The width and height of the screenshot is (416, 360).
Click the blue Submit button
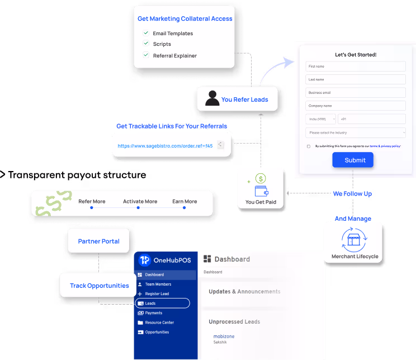pos(352,160)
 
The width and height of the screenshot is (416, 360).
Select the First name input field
pos(355,67)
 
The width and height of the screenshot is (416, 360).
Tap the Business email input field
pos(355,92)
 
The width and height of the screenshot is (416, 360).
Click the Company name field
pos(355,105)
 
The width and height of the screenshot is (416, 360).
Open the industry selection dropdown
pos(355,132)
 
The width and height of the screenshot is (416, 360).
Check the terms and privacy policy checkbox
pos(309,146)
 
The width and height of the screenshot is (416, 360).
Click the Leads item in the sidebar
pos(163,303)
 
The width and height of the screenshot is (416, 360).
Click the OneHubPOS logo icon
pos(144,260)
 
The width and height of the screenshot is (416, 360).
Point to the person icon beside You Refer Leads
pos(212,98)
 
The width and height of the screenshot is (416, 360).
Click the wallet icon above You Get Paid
pos(261,190)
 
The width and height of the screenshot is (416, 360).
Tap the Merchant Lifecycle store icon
pos(353,240)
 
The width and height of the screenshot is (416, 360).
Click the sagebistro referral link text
pos(165,146)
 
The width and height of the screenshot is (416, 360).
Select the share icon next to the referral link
pos(220,145)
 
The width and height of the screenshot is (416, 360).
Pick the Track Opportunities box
pos(99,286)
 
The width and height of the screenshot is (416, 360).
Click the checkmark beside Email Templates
pos(145,33)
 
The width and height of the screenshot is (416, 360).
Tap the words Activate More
pos(140,202)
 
